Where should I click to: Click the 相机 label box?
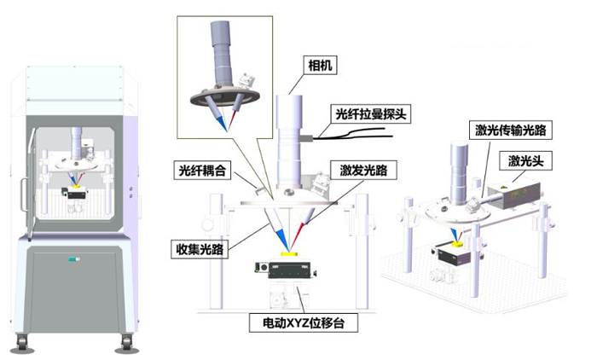pyautogui.click(x=317, y=63)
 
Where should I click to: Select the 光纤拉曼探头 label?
pyautogui.click(x=370, y=113)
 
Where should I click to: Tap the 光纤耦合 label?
pyautogui.click(x=202, y=170)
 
